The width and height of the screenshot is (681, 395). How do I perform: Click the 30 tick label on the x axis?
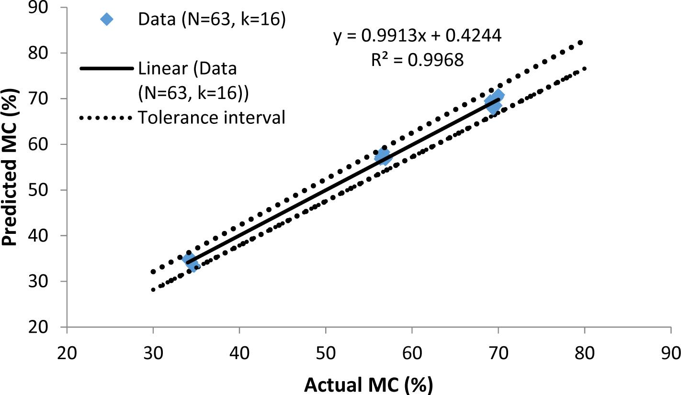click(153, 353)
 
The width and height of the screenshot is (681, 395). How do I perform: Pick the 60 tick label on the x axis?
click(412, 353)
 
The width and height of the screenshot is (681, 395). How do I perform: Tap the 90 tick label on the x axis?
click(670, 353)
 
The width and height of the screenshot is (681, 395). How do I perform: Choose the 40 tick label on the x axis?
click(239, 353)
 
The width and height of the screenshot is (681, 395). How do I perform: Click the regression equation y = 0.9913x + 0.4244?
click(418, 36)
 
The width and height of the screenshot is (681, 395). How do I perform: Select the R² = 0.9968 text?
click(418, 60)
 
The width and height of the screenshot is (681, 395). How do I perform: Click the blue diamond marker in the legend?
click(106, 20)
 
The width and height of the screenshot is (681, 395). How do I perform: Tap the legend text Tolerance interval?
click(211, 117)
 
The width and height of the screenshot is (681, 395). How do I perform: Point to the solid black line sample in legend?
click(106, 69)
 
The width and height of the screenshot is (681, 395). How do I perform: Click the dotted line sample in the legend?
click(106, 117)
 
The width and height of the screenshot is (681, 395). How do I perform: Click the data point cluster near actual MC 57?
click(383, 156)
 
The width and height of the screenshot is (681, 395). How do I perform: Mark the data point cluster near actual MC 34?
click(190, 262)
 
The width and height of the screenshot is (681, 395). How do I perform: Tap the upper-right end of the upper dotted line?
click(580, 43)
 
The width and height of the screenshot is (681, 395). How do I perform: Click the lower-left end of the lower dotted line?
click(153, 289)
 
